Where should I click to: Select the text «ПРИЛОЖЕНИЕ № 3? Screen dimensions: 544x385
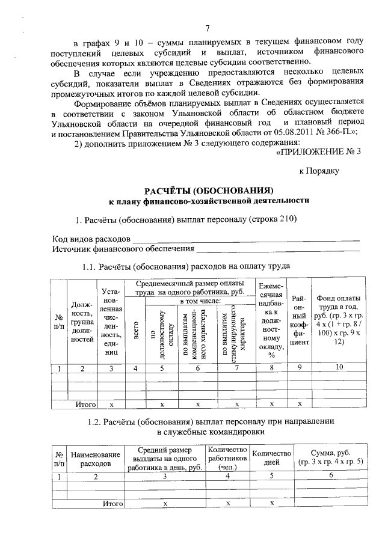click(318, 151)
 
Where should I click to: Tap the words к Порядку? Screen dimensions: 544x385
click(320, 171)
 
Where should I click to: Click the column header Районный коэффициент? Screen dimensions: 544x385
click(299, 320)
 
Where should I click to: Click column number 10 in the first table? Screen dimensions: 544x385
click(339, 367)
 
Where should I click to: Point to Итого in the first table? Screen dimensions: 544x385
click(86, 405)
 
